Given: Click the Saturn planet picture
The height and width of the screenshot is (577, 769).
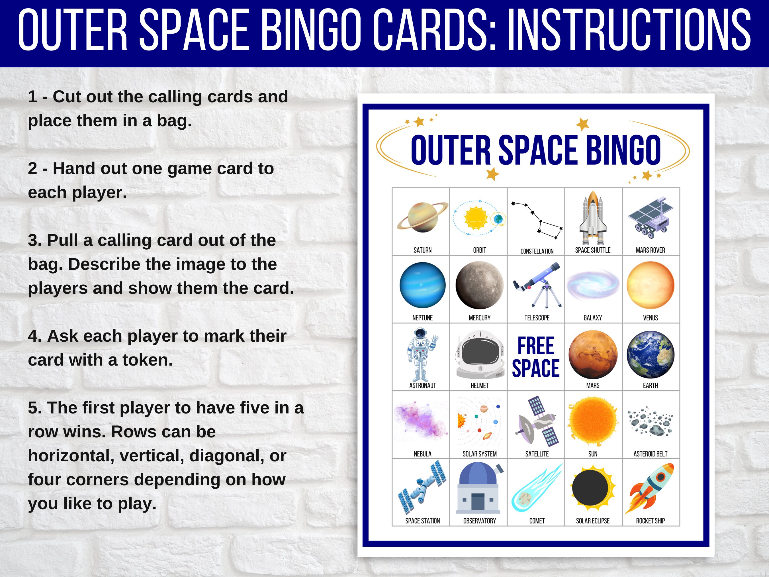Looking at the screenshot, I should [x=422, y=218].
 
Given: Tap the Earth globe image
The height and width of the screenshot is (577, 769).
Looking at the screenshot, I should [x=651, y=354].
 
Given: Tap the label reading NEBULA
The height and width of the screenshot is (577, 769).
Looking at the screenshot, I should [x=422, y=454].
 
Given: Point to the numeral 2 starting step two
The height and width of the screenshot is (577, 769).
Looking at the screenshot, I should [x=33, y=169].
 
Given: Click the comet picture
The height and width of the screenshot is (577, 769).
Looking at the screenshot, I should [x=536, y=488].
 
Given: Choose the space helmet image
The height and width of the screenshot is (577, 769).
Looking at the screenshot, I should [x=480, y=355].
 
